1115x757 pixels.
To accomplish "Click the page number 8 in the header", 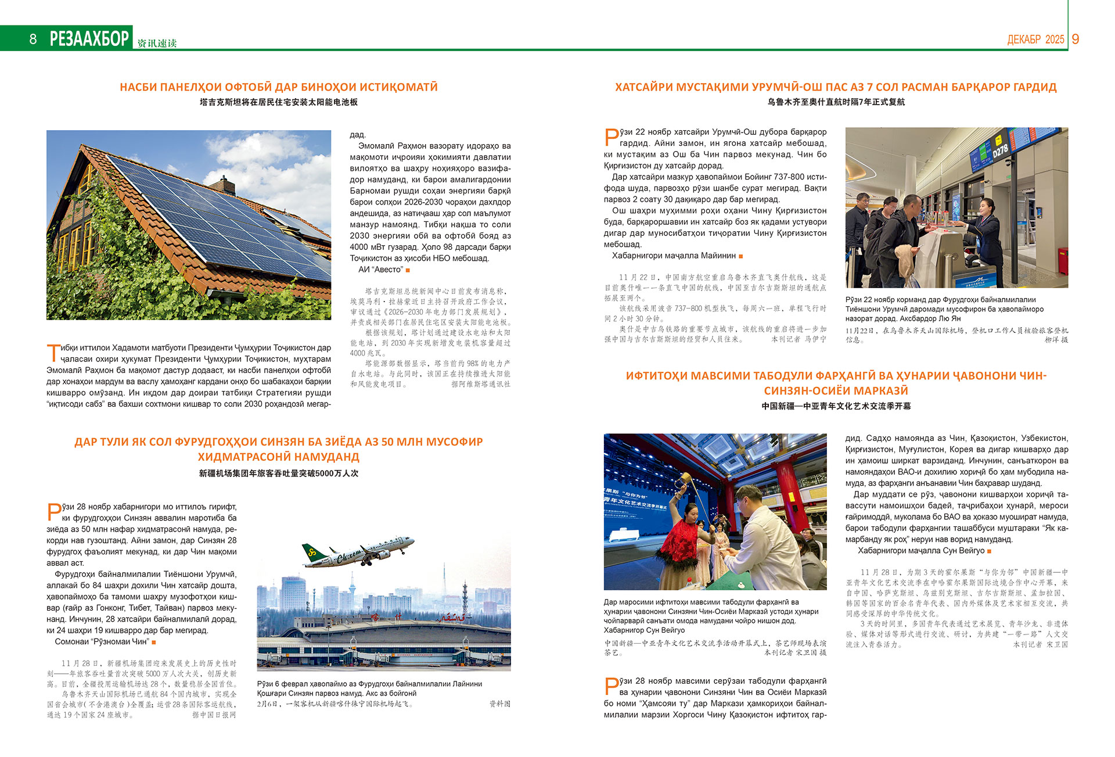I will [x=33, y=39].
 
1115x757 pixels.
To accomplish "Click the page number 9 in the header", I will [x=1076, y=39].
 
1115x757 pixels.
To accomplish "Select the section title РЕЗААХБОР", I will [x=89, y=38].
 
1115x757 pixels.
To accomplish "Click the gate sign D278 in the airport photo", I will [x=1000, y=150].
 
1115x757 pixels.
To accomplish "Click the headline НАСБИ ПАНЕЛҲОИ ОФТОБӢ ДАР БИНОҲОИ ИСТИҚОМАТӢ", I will [x=279, y=87].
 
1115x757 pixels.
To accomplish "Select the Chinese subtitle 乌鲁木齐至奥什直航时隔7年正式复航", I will [x=836, y=102].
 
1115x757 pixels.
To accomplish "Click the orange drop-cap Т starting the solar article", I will [x=53, y=353].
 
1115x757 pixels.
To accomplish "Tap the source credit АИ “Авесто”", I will [x=380, y=270].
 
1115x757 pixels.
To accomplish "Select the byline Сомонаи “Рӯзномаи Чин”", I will [x=102, y=642].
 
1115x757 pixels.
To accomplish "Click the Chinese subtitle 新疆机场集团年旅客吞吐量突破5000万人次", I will [x=279, y=473].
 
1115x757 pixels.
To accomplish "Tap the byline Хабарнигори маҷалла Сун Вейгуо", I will [x=921, y=551].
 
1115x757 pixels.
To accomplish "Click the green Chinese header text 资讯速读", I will [x=157, y=44].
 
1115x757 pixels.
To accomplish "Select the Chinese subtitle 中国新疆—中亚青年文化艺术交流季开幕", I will [x=836, y=407].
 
